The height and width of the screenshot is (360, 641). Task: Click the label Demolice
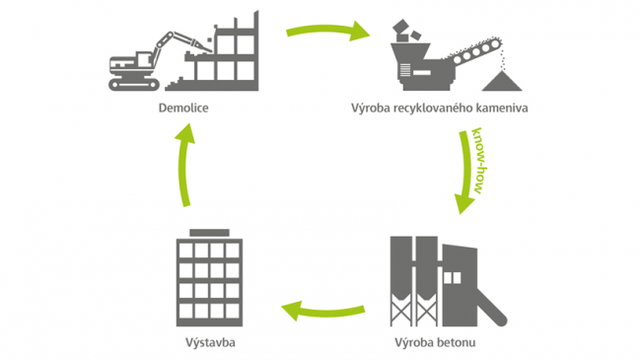(183, 108)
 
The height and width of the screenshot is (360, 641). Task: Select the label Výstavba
(210, 342)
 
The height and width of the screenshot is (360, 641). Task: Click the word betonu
(457, 342)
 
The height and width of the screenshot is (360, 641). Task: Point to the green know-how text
(479, 161)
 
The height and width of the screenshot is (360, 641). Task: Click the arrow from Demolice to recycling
(327, 31)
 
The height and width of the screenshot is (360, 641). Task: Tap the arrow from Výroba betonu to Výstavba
(322, 312)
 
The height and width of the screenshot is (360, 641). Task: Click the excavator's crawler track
(134, 84)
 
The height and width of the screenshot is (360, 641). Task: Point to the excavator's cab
(143, 59)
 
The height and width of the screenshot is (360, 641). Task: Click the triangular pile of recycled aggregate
(502, 82)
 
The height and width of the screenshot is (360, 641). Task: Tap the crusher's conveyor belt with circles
(476, 52)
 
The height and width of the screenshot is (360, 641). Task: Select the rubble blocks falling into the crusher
(406, 32)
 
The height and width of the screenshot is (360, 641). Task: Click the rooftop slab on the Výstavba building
(209, 233)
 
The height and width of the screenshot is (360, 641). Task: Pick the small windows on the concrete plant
(452, 278)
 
